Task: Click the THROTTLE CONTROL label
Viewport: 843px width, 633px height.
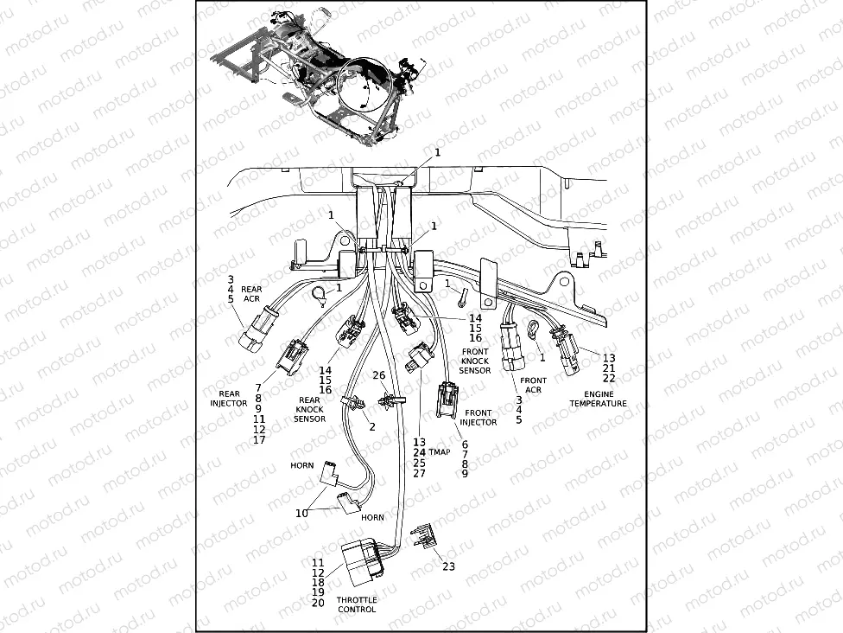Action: pos(357,604)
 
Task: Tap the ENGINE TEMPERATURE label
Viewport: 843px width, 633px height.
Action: pos(599,399)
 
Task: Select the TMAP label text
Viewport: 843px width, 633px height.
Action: pos(441,451)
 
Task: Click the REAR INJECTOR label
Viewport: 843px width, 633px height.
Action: pos(229,399)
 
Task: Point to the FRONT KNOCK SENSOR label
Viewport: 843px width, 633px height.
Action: pos(475,361)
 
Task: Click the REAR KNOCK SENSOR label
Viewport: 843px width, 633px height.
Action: pos(309,410)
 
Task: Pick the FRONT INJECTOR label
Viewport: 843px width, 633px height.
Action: pos(479,418)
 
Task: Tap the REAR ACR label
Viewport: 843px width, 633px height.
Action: pos(251,294)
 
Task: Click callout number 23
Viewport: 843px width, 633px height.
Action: pos(448,567)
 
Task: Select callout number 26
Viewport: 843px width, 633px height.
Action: pos(378,375)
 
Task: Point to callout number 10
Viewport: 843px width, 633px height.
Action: pos(301,513)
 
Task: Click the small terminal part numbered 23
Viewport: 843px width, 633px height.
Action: pos(424,537)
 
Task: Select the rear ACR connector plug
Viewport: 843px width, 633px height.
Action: pos(252,332)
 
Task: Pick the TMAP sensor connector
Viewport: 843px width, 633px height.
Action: pos(418,358)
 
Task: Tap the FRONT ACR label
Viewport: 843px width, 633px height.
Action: pos(533,385)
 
